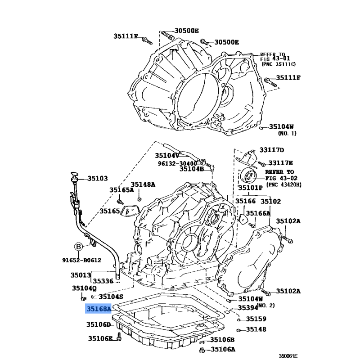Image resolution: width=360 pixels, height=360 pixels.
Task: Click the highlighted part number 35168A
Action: (99, 309)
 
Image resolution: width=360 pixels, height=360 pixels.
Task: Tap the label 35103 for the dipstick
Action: (97, 178)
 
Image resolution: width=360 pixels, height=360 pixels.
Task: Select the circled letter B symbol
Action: (78, 247)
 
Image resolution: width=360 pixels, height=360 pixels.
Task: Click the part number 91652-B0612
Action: (82, 260)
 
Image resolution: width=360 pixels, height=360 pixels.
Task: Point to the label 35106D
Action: (99, 324)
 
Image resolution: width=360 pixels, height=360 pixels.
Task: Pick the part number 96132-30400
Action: (177, 163)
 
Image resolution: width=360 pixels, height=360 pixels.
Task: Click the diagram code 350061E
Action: (288, 356)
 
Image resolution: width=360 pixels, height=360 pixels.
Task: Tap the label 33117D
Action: (272, 150)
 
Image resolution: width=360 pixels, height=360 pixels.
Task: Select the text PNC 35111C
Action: (279, 64)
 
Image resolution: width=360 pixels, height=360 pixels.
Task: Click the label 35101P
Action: (251, 188)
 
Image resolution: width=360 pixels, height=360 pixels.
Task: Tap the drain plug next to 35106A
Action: (202, 350)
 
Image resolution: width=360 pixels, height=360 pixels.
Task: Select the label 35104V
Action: (167, 156)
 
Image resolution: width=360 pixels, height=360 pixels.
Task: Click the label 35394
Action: (248, 308)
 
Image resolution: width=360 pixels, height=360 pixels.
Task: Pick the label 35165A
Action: (121, 190)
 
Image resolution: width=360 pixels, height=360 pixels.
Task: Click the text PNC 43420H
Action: (284, 184)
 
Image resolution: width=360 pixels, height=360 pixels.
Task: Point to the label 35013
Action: (81, 275)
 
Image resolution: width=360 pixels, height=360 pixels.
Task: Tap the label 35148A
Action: (143, 184)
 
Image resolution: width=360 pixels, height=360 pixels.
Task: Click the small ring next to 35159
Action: (239, 320)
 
